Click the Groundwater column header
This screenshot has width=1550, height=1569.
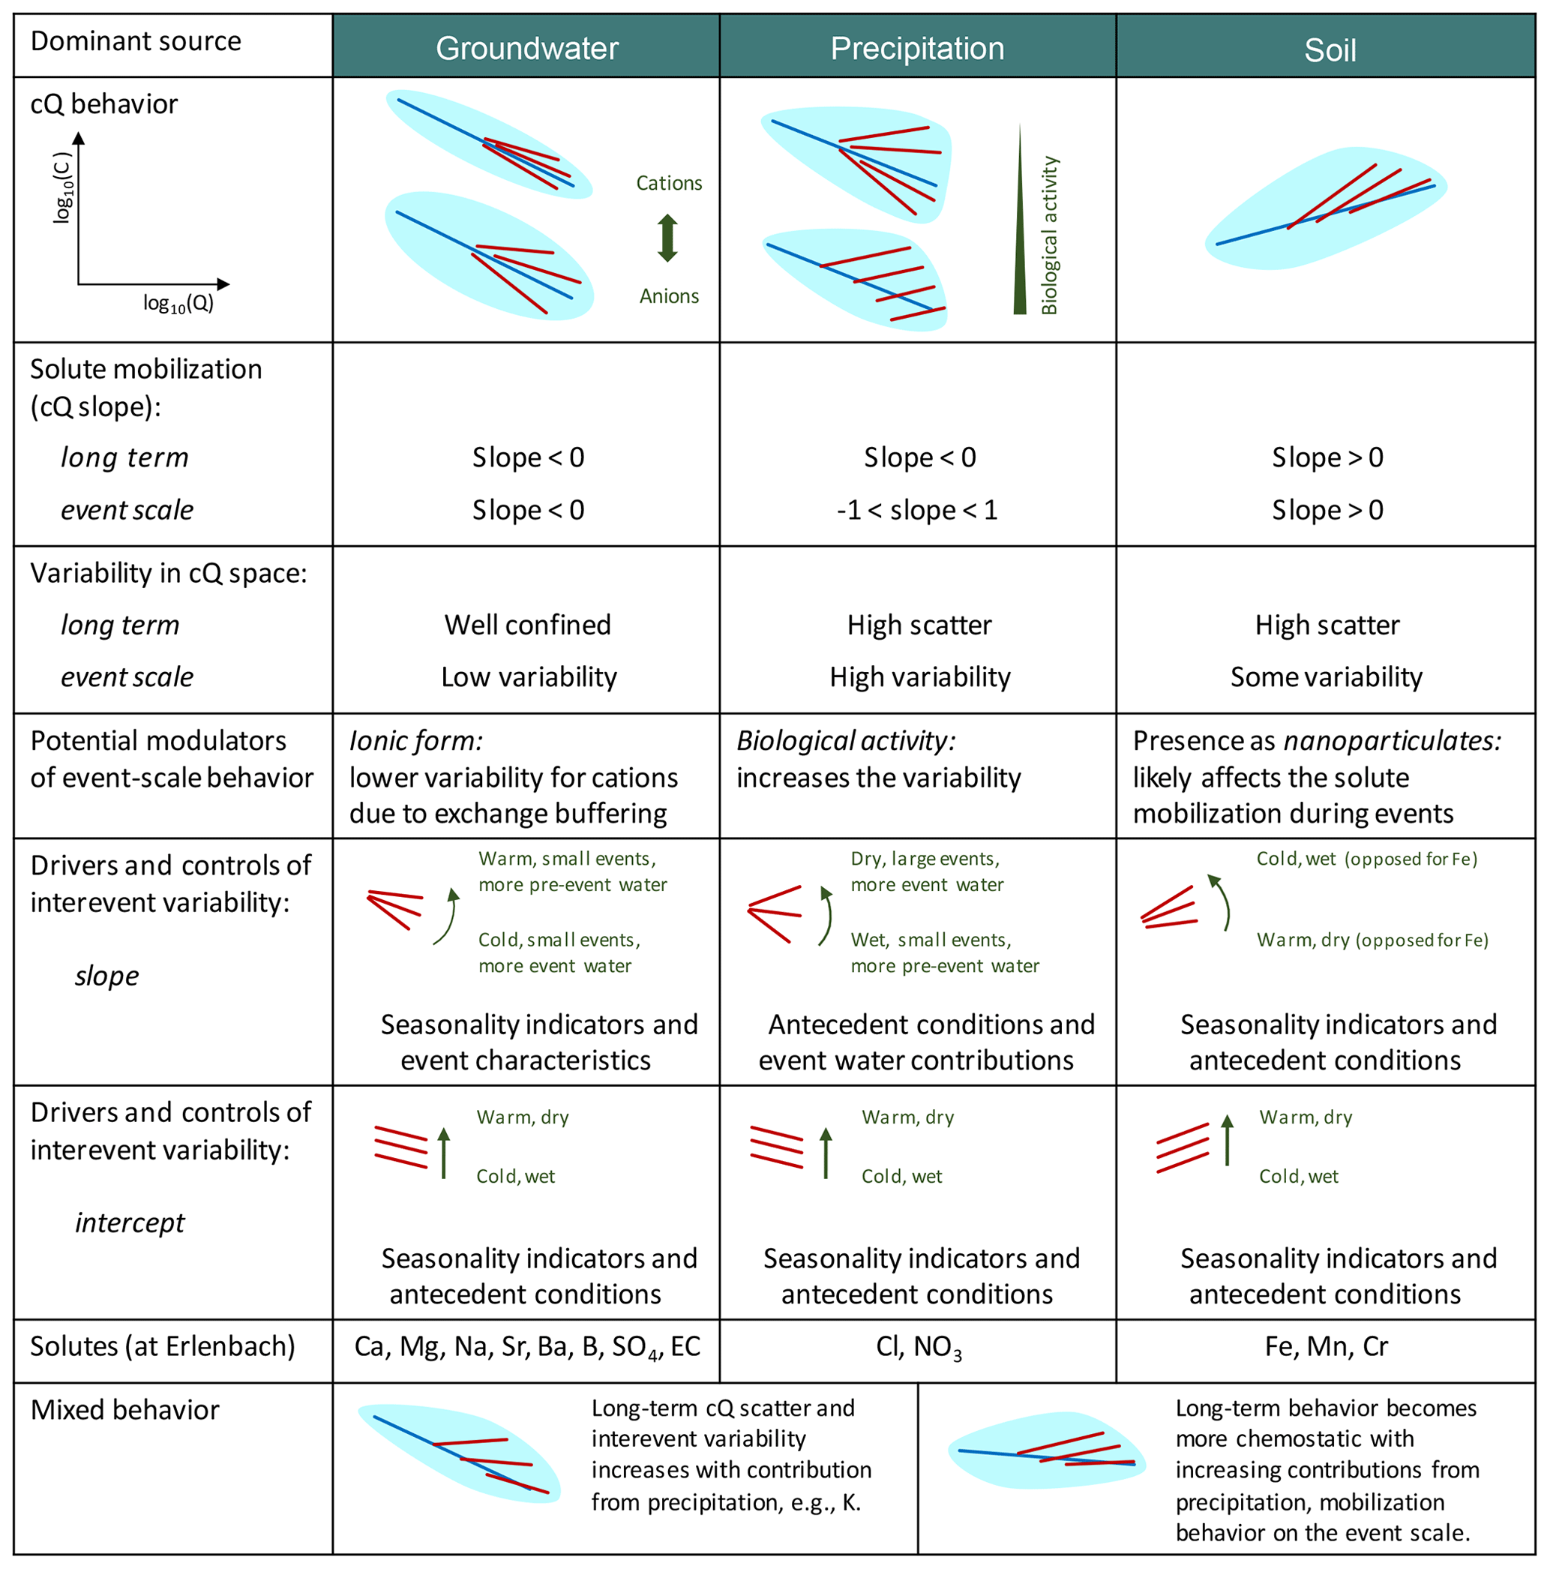click(x=527, y=49)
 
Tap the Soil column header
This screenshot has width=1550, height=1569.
click(x=1329, y=50)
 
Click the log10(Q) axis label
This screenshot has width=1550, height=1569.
click(x=178, y=304)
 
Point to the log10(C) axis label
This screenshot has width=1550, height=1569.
click(x=63, y=187)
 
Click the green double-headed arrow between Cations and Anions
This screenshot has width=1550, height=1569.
click(x=667, y=238)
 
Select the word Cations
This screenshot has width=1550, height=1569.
click(x=669, y=184)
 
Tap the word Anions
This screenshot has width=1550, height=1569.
click(x=669, y=296)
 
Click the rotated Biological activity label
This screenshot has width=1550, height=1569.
click(x=1049, y=235)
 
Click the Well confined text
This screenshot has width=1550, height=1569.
click(x=527, y=625)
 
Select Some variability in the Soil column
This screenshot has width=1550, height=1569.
click(x=1326, y=677)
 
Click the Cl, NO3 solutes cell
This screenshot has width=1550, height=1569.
click(x=919, y=1347)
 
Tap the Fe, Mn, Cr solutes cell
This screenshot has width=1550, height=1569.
click(x=1326, y=1346)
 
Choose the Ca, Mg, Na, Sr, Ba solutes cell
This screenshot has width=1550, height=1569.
click(x=527, y=1346)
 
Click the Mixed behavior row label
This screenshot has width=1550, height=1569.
click(x=125, y=1411)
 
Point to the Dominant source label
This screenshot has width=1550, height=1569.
click(x=136, y=41)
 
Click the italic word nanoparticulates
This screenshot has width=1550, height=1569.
click(x=1391, y=741)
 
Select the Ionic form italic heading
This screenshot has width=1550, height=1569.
click(x=415, y=741)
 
